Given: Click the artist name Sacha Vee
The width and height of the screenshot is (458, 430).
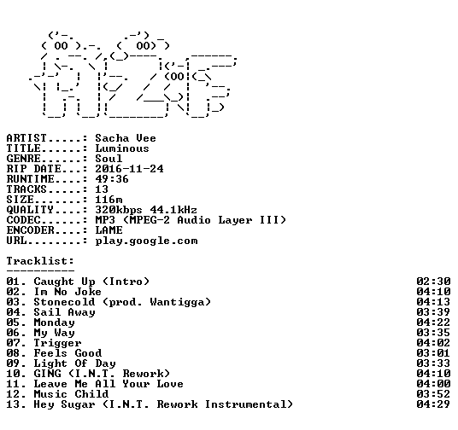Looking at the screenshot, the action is click(x=126, y=138).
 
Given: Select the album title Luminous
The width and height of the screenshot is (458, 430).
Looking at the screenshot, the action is click(x=122, y=148).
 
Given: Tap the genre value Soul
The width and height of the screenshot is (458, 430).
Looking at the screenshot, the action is click(x=109, y=159).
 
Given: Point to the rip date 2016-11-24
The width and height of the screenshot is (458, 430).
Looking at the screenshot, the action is click(x=129, y=169).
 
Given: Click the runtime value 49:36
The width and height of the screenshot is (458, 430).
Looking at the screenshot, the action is click(x=112, y=179).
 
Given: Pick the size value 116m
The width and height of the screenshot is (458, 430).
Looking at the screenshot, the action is click(x=109, y=200).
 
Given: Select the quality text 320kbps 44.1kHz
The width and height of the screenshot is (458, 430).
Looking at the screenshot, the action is click(x=146, y=210).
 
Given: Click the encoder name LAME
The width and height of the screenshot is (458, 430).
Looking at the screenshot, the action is click(x=109, y=230).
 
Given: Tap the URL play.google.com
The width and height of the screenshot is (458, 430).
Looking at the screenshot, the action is click(x=146, y=241).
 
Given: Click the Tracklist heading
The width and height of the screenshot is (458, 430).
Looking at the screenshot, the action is click(x=40, y=261).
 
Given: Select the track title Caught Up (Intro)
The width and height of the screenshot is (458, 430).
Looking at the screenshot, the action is click(x=91, y=282).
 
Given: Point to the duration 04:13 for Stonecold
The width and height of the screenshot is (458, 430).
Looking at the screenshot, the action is click(x=433, y=302).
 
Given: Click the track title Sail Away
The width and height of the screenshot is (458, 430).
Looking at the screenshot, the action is click(x=65, y=312).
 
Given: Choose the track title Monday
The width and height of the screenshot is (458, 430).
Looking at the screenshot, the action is click(x=55, y=322).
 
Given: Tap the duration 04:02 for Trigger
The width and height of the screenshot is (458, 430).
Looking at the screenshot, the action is click(x=433, y=343).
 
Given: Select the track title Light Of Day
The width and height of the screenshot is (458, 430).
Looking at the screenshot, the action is click(x=75, y=363).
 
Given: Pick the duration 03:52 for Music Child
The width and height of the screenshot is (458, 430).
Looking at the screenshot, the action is click(x=433, y=394).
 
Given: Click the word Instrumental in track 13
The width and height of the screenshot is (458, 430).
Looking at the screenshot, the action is click(x=245, y=404).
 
